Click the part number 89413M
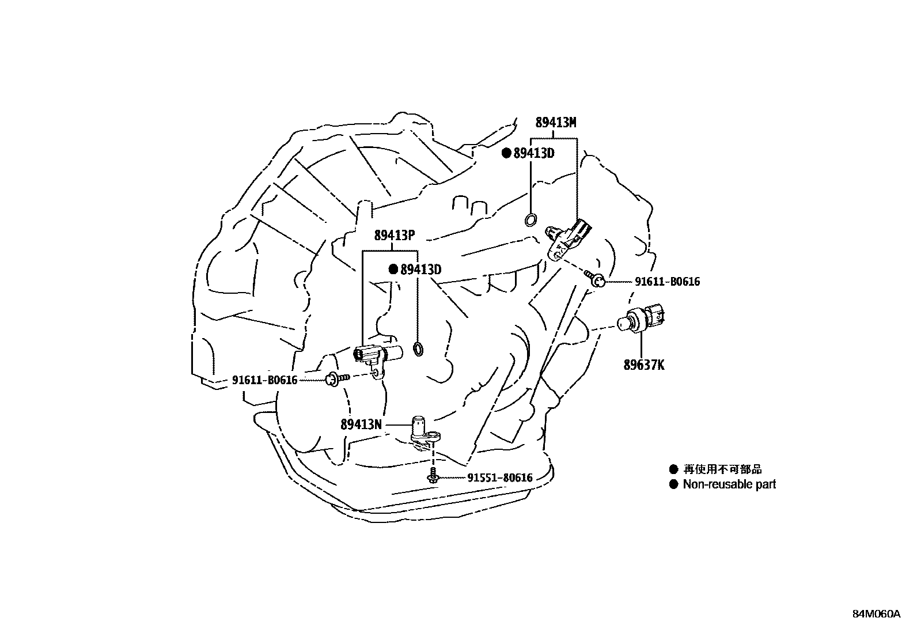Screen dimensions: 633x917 click(555, 123)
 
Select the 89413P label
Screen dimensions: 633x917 click(395, 236)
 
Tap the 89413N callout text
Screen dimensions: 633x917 click(361, 424)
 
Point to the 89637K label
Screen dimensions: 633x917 click(643, 365)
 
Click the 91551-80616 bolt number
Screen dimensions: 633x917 click(499, 477)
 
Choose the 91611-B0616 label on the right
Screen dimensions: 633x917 click(668, 282)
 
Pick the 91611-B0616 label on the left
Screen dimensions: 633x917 click(264, 380)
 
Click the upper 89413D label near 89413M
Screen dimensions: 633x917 click(533, 153)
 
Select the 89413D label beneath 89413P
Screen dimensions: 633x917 click(420, 270)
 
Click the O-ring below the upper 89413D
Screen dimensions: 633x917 click(531, 219)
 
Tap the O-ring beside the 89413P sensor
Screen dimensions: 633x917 click(419, 348)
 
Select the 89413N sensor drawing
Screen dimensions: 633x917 click(422, 434)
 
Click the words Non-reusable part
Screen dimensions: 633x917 click(729, 484)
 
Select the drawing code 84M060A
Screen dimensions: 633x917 click(876, 614)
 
